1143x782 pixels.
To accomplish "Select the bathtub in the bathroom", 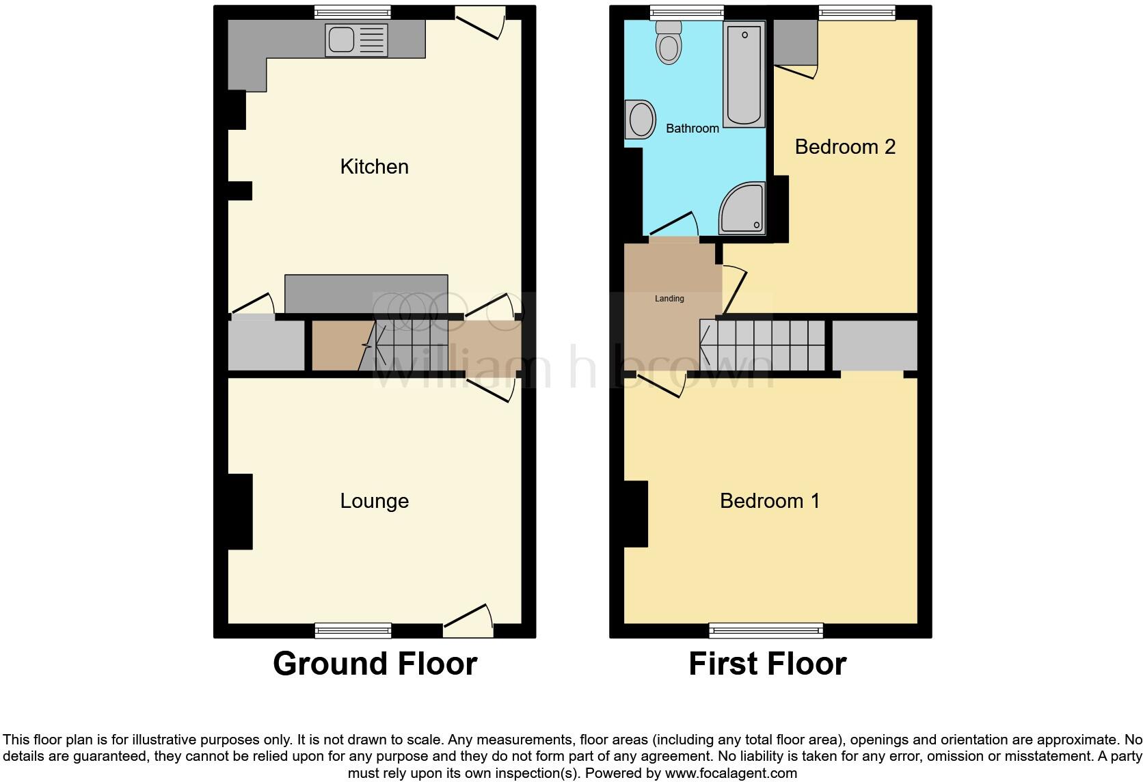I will pyautogui.click(x=744, y=75).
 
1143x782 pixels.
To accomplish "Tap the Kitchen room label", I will pyautogui.click(x=374, y=167).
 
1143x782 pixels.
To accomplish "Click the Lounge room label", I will pyautogui.click(x=374, y=501).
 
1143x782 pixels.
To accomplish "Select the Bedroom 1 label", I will pyautogui.click(x=769, y=501).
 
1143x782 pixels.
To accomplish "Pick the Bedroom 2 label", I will pyautogui.click(x=844, y=147).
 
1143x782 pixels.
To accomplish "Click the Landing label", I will pyautogui.click(x=669, y=299).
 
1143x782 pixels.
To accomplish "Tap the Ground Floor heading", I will pyautogui.click(x=375, y=664).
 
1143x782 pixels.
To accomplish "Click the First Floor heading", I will pyautogui.click(x=767, y=664).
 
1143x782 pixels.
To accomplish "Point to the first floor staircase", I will pyautogui.click(x=762, y=345).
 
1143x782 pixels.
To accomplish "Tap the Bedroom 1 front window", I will pyautogui.click(x=766, y=630).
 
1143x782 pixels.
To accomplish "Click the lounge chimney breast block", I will pyautogui.click(x=240, y=511).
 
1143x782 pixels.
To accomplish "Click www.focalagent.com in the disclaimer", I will pyautogui.click(x=731, y=774).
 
